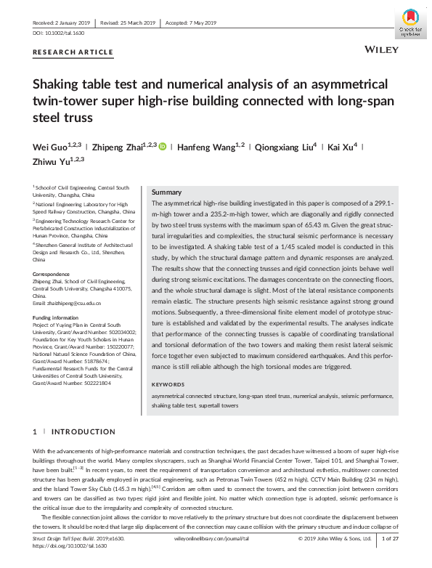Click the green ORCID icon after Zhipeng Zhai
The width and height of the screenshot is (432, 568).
tap(163, 146)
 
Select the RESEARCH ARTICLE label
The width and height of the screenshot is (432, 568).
tap(73, 52)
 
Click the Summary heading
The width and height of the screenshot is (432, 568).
tap(166, 192)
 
